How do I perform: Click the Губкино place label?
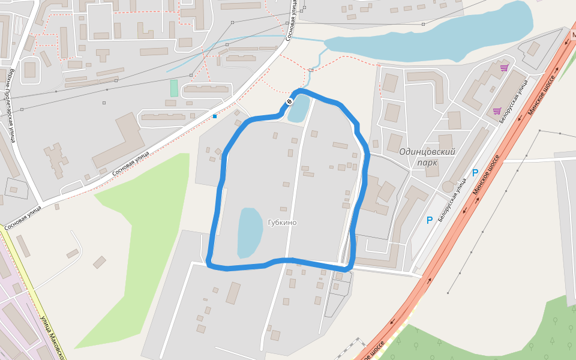pyautogui.click(x=282, y=223)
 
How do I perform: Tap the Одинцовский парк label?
pyautogui.click(x=427, y=157)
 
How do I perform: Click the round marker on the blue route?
pyautogui.click(x=289, y=102)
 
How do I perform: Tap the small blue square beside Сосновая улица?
pyautogui.click(x=215, y=116)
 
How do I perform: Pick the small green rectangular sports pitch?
pyautogui.click(x=174, y=88)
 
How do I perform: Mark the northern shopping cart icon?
pyautogui.click(x=504, y=68)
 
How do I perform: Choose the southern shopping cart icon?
pyautogui.click(x=497, y=111)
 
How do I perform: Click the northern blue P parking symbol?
pyautogui.click(x=475, y=173)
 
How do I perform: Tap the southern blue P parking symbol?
pyautogui.click(x=430, y=220)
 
